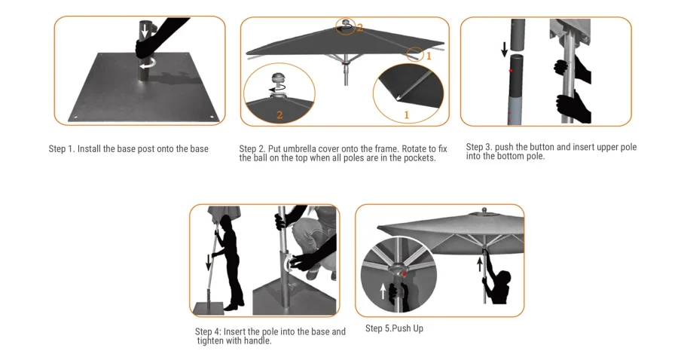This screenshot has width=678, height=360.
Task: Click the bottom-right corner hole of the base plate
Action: (x=212, y=117)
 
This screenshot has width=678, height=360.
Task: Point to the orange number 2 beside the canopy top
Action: (x=359, y=29)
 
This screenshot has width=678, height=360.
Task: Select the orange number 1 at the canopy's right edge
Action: (x=429, y=56)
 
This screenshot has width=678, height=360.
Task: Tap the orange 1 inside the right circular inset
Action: (x=406, y=115)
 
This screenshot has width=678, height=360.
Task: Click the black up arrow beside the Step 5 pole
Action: (x=479, y=264)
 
